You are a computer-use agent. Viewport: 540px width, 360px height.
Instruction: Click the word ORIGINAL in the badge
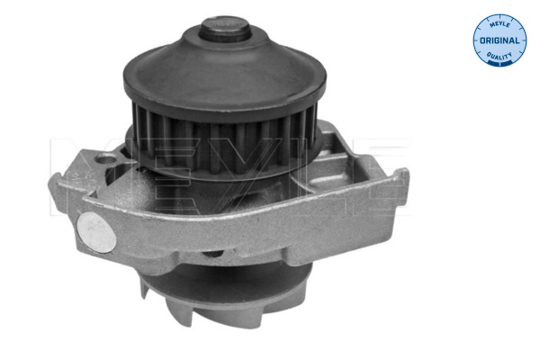click(499, 40)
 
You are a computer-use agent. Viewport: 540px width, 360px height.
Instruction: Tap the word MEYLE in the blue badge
click(499, 25)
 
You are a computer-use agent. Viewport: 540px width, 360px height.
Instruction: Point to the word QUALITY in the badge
click(499, 56)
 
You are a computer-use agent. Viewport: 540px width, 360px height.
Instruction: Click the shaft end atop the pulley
click(225, 30)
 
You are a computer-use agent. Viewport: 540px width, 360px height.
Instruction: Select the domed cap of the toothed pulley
click(225, 69)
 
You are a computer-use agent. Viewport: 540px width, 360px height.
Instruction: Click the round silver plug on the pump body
click(96, 232)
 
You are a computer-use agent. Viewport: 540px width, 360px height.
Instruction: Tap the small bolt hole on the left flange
click(106, 158)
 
